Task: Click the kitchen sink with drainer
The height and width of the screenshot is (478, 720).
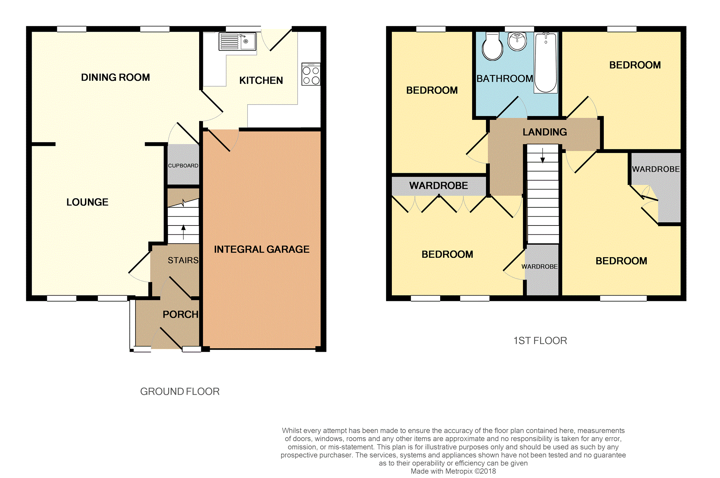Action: point(237,42)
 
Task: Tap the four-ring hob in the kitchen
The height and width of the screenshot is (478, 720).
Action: point(311,74)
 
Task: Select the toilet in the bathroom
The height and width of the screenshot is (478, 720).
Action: point(492,47)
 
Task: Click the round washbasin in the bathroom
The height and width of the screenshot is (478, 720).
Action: point(517,42)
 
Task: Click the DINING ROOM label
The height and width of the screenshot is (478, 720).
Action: point(115,78)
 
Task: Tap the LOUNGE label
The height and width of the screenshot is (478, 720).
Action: point(87,202)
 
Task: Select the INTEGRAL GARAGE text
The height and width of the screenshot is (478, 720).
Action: point(262,249)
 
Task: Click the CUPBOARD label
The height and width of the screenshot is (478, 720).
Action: point(183,166)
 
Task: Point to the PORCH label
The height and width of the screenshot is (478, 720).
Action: point(180,314)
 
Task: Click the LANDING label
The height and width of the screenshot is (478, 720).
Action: point(544,132)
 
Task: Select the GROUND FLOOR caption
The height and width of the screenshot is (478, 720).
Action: point(180,392)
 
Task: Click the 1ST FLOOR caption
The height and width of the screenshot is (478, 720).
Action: point(540,341)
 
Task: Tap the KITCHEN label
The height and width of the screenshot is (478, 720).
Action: point(261,81)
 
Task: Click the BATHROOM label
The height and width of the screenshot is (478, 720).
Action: point(505,79)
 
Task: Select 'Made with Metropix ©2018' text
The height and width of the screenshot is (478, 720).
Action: point(453,471)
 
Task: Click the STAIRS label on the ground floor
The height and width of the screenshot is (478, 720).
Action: point(183,260)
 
